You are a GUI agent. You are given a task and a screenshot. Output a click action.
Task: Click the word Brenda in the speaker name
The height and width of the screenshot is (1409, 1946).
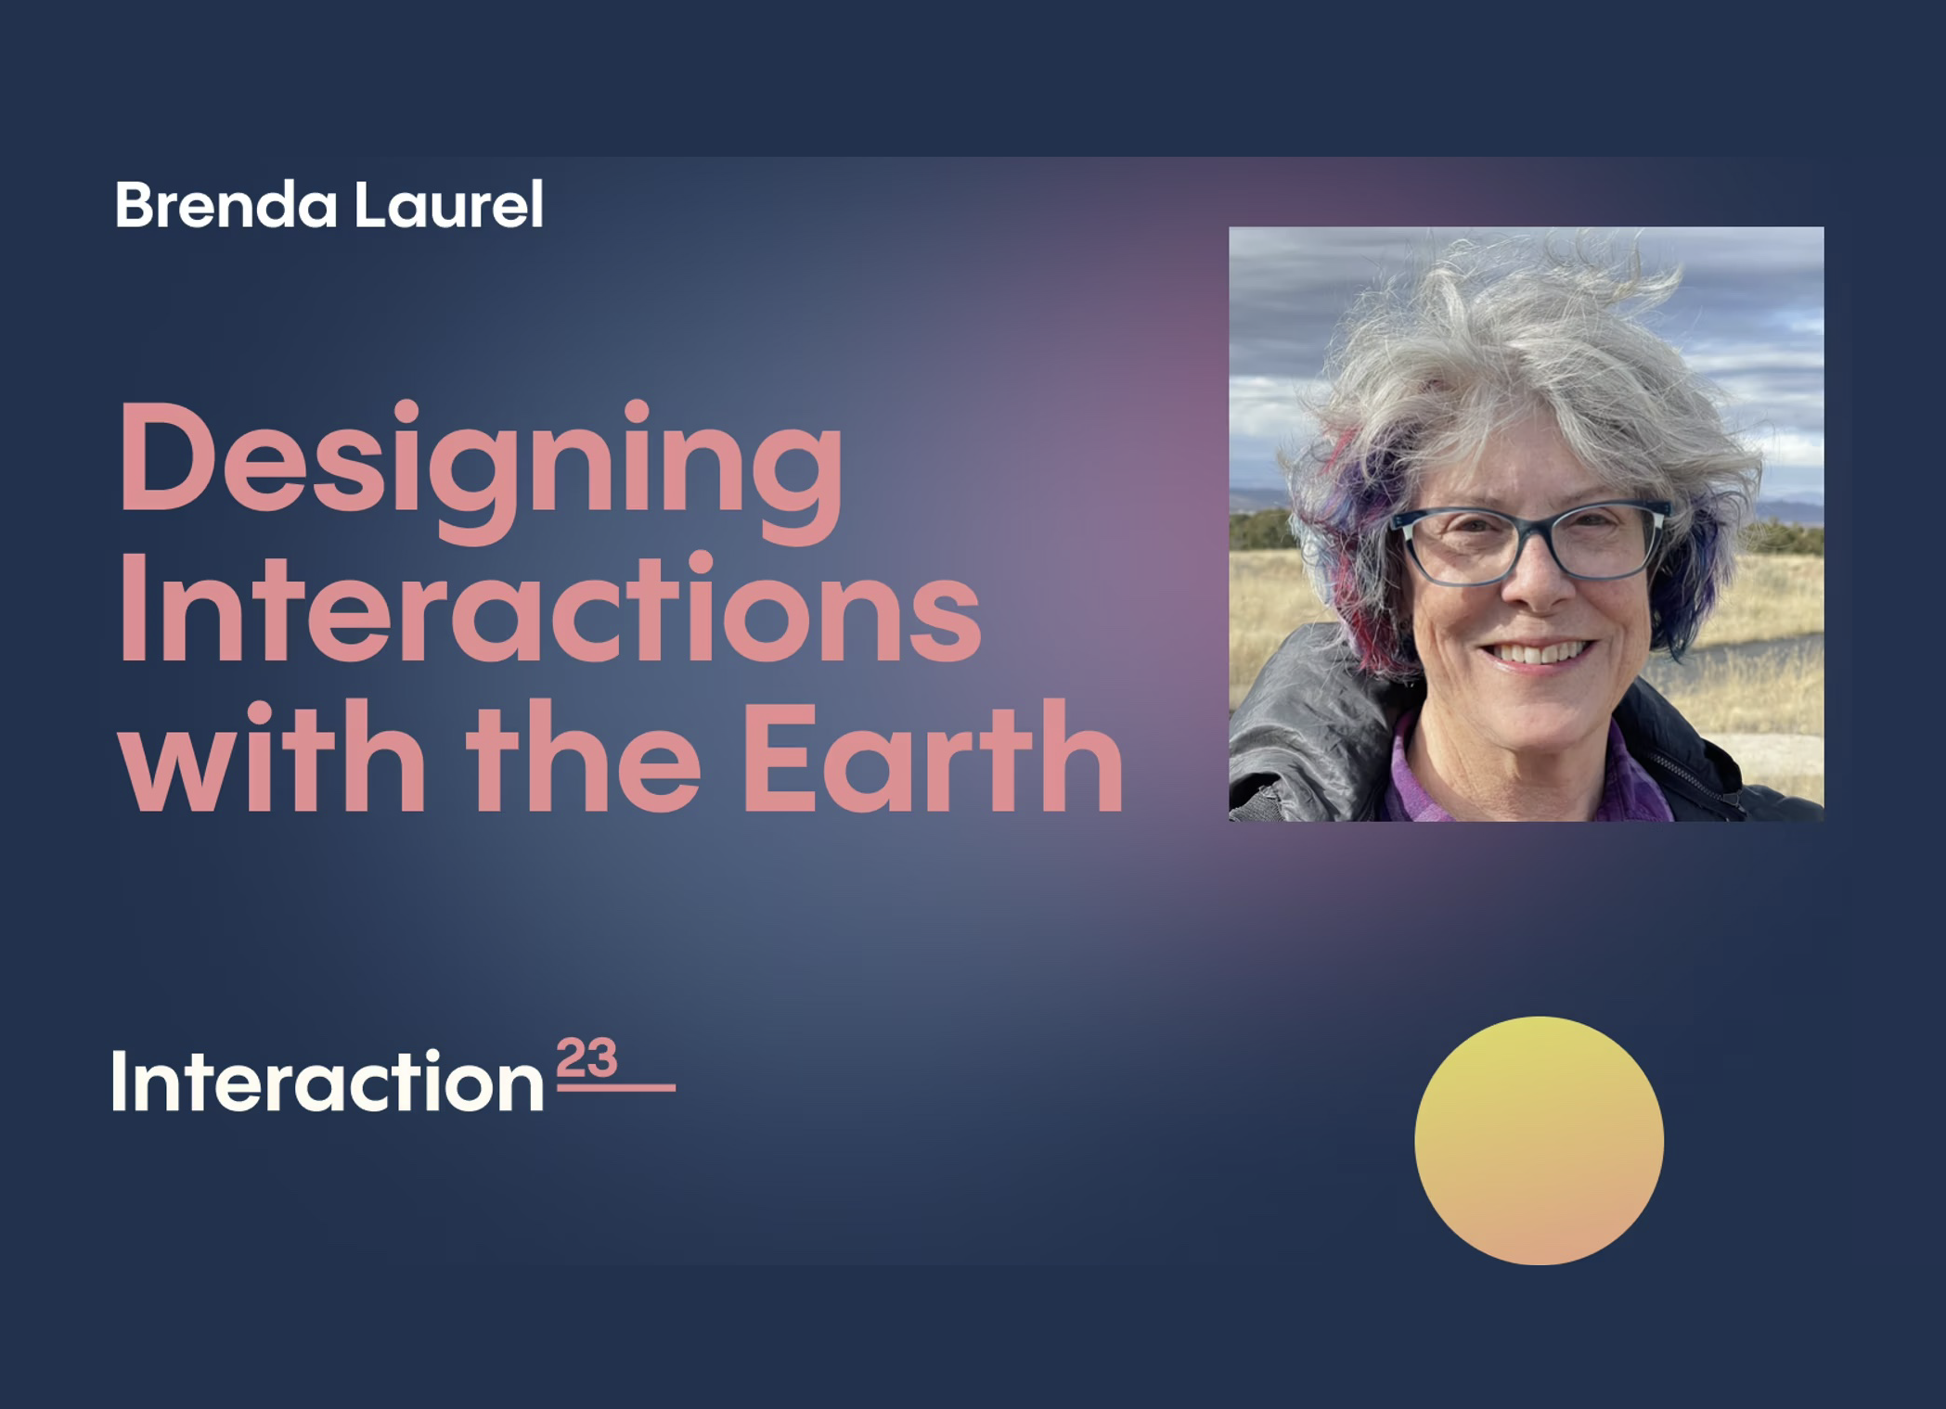click(226, 204)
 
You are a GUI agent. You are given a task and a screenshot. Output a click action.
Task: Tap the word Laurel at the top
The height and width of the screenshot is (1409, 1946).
click(448, 204)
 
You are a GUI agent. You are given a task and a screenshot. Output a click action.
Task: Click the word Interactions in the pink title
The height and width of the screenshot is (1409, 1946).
click(550, 607)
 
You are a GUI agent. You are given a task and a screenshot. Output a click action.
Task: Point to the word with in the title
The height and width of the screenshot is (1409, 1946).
click(272, 756)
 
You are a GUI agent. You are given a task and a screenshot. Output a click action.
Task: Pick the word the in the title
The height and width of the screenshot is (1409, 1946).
click(583, 756)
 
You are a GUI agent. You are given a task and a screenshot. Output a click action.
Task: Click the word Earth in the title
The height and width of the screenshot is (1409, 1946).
click(934, 757)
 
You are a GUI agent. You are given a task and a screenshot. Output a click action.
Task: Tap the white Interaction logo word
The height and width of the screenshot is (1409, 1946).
click(328, 1081)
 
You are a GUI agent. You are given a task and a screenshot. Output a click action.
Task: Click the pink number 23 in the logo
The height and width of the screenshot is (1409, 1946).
click(586, 1057)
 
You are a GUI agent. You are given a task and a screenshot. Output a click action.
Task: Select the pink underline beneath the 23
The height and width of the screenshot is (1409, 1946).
click(616, 1087)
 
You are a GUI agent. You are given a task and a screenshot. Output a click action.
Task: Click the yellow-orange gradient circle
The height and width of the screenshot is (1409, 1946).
click(1539, 1140)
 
